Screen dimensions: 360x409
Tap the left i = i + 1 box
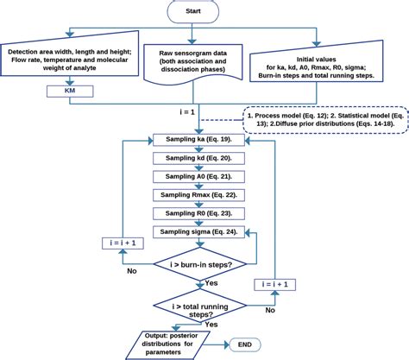122,243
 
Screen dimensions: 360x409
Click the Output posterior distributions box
174,344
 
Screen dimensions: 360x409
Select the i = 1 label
187,111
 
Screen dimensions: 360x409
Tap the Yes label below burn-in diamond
211,281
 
